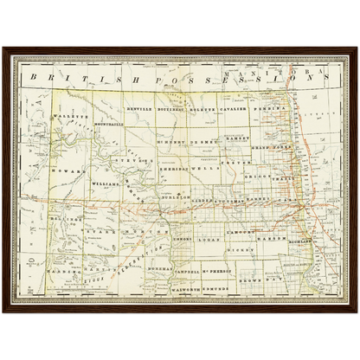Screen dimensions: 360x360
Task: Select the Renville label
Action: pos(139,111)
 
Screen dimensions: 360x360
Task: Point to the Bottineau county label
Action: pos(174,111)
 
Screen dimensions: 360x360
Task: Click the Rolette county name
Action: pos(205,111)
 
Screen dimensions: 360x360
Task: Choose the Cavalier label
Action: pos(235,111)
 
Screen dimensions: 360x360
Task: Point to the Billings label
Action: pos(59,221)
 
